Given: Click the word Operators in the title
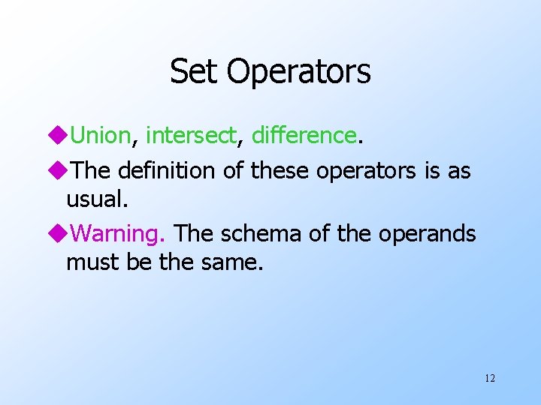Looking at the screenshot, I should (298, 72).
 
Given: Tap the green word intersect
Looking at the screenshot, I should (191, 135).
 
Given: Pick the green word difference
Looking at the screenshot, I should (304, 135).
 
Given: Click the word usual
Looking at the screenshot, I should (92, 199).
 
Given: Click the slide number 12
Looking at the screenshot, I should (490, 378).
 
